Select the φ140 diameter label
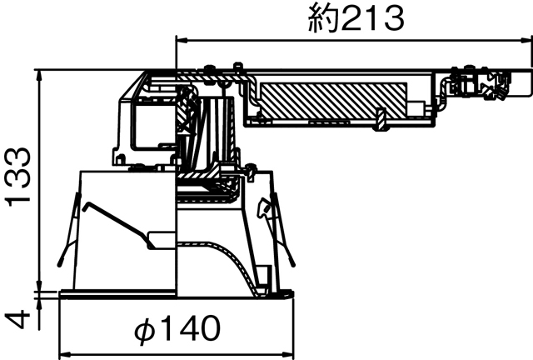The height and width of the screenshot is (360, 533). pos(177,329)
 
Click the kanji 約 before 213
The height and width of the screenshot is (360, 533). pos(324,17)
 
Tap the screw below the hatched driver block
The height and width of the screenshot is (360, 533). pos(380,120)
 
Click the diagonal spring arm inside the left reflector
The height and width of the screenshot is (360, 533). pos(121,221)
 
